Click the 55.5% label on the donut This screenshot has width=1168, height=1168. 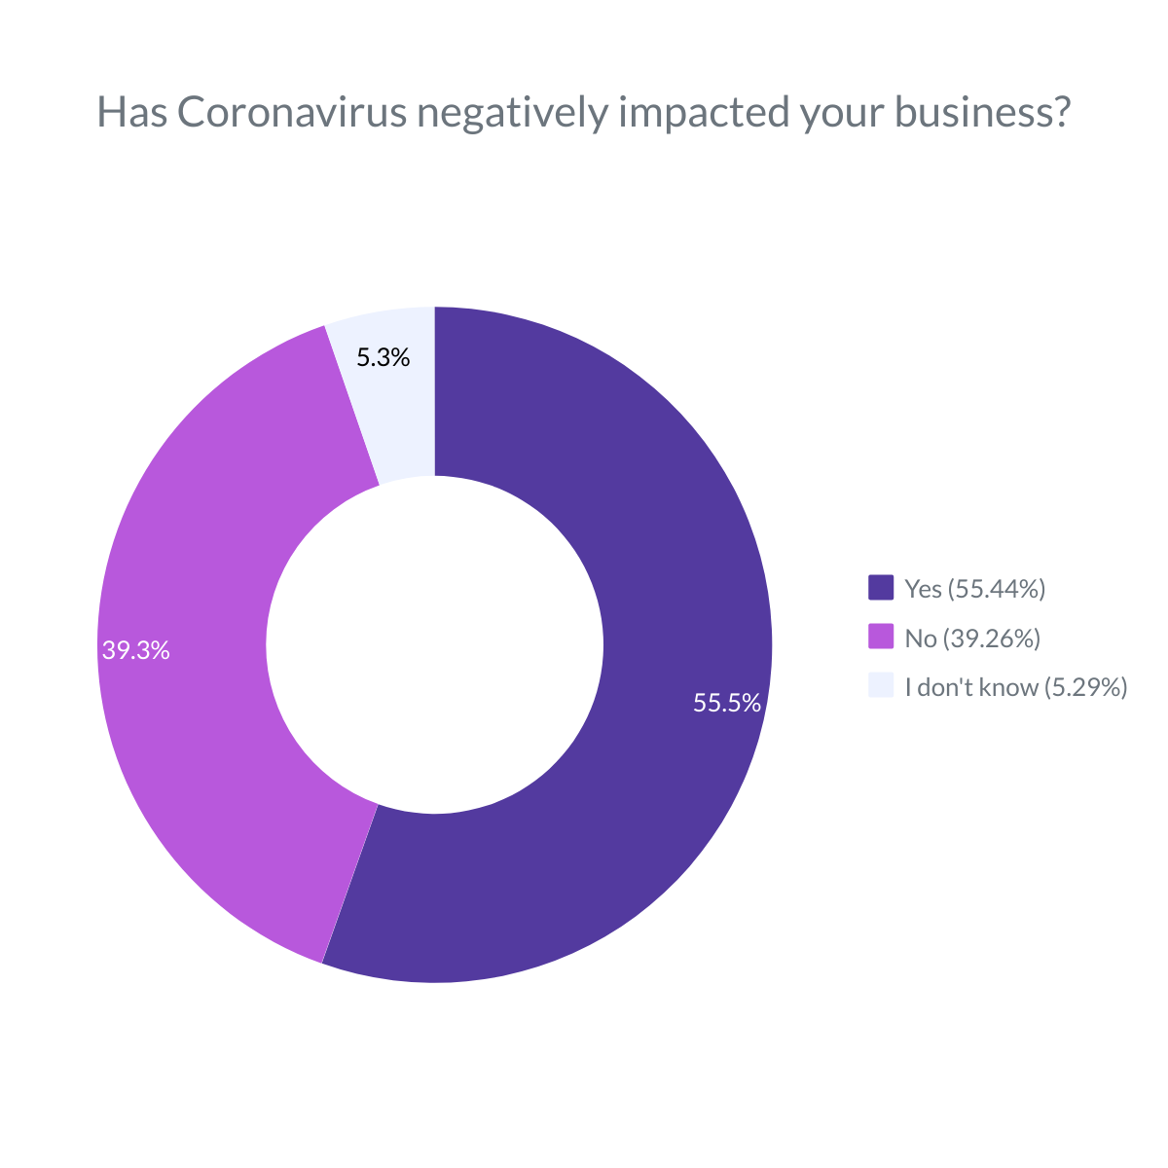(x=726, y=703)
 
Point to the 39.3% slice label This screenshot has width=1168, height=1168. (x=136, y=651)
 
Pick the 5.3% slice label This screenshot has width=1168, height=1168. (x=383, y=358)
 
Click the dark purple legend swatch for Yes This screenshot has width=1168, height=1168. (x=881, y=588)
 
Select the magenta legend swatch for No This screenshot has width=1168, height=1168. (x=881, y=638)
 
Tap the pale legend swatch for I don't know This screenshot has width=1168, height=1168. (x=881, y=686)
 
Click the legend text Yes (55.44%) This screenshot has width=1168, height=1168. (x=975, y=588)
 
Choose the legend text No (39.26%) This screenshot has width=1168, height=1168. (x=972, y=639)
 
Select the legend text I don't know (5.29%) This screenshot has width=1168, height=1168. (x=1015, y=687)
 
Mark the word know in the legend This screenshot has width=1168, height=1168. (x=1008, y=687)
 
